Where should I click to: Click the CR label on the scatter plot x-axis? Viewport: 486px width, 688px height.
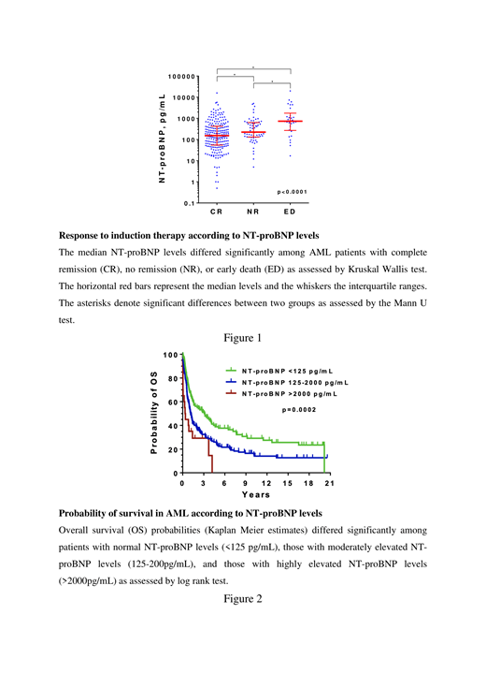tap(217, 212)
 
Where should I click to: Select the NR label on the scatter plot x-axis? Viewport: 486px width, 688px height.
tap(253, 212)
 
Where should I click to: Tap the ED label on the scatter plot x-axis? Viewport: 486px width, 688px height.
tap(290, 212)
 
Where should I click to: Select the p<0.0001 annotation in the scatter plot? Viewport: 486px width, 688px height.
tap(293, 192)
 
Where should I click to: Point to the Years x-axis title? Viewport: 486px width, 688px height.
tap(255, 494)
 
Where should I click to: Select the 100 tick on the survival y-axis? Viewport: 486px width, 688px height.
tap(169, 356)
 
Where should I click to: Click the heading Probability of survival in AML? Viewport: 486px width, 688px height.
tap(190, 513)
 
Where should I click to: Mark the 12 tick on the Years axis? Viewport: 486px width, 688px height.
tap(265, 483)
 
